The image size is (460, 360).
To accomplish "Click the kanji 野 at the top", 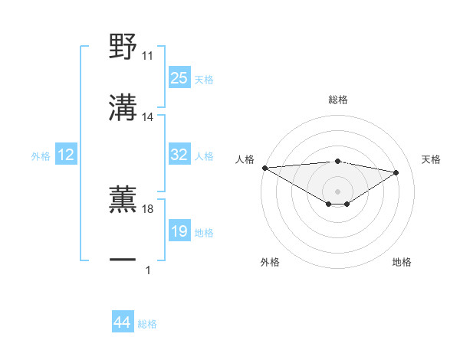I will [x=123, y=47].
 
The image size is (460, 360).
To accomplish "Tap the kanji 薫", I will [x=123, y=198].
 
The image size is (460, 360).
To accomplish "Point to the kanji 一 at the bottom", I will [x=123, y=260].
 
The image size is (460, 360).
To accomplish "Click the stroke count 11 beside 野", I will [x=148, y=57].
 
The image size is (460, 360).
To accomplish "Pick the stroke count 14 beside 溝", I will [x=148, y=117].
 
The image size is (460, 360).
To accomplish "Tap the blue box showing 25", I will [x=179, y=78].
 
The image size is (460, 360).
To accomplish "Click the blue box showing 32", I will [x=179, y=155].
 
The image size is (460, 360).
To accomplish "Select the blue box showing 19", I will [x=179, y=231].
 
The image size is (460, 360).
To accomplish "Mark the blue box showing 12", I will [x=66, y=155].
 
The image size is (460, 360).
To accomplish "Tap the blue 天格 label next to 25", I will [x=204, y=79].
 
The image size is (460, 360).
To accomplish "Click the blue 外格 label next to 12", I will [x=41, y=156].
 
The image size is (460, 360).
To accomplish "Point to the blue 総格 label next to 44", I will [x=147, y=323].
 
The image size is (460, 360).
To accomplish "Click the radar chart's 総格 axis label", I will [x=338, y=100].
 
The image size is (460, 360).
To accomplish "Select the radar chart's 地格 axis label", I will [x=402, y=262].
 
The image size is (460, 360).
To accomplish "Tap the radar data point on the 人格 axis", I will [x=264, y=168].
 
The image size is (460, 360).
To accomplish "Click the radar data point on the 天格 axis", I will [x=396, y=172].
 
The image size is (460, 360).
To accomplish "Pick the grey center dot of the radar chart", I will [x=338, y=191].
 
